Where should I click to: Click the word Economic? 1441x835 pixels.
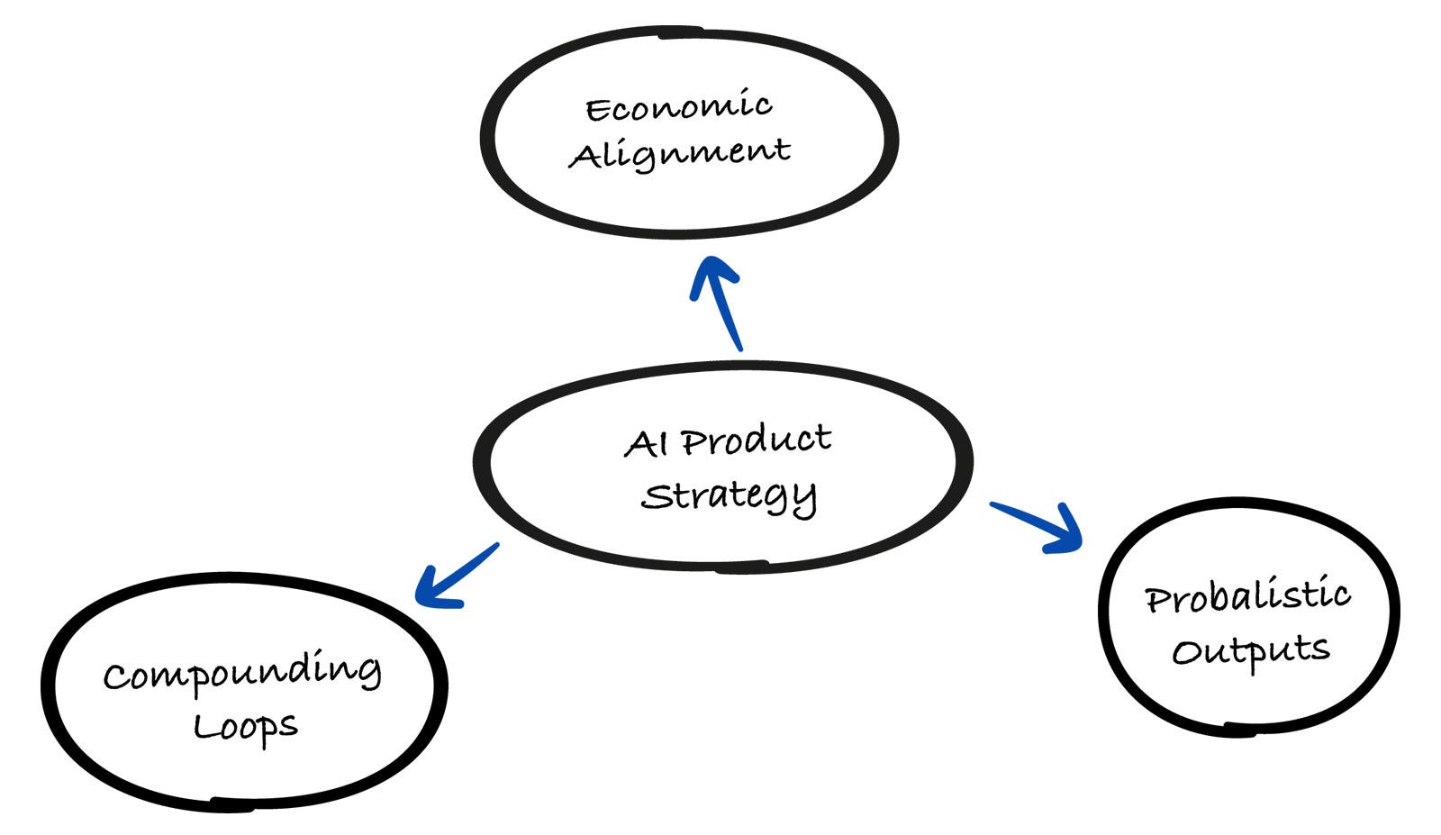click(678, 107)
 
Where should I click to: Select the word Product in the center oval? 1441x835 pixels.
click(756, 440)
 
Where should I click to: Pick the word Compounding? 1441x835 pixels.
click(241, 673)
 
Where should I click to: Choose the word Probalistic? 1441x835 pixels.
click(1247, 596)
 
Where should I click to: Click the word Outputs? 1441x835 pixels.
click(1251, 650)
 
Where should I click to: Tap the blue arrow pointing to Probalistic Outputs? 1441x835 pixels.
click(1036, 524)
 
